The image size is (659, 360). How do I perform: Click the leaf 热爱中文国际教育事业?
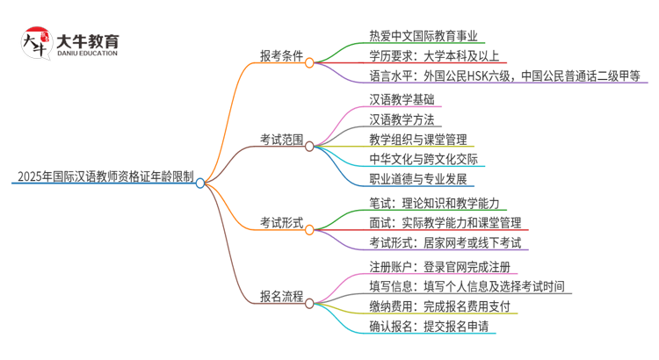click(424, 36)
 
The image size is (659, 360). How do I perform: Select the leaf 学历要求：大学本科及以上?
click(432, 56)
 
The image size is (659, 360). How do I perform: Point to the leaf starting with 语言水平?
click(505, 76)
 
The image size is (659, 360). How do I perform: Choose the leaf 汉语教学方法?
click(406, 119)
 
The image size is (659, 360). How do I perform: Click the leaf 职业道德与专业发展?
click(421, 180)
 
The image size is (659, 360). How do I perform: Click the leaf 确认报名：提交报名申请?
click(429, 328)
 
